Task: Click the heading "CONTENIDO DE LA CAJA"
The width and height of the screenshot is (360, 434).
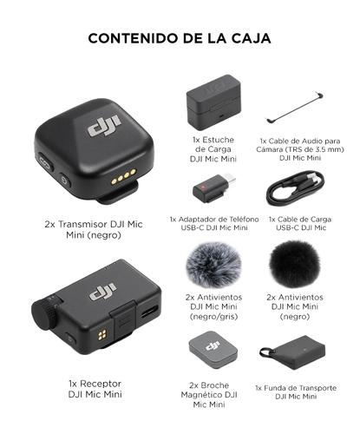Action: tap(180, 38)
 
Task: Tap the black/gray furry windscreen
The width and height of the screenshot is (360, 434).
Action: tap(213, 265)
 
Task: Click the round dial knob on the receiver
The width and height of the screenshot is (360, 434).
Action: tap(43, 310)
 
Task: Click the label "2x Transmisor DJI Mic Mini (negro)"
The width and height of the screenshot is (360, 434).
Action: tap(93, 229)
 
